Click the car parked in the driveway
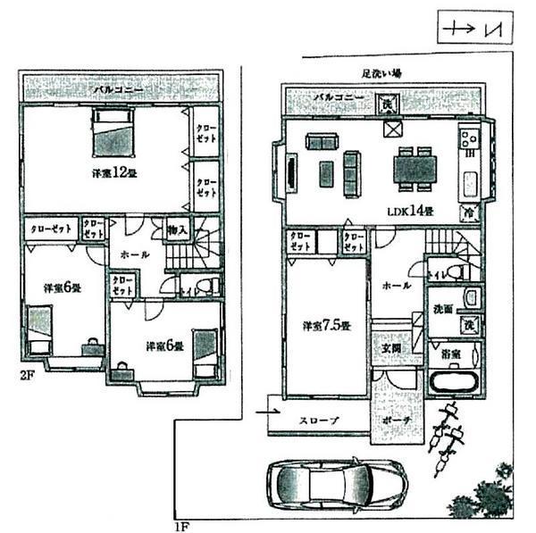pyautogui.click(x=331, y=487)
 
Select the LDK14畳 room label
pyautogui.click(x=409, y=212)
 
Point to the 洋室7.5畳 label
pyautogui.click(x=324, y=325)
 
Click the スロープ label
pyautogui.click(x=319, y=420)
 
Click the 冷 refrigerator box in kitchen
pyautogui.click(x=468, y=212)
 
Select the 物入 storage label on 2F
pyautogui.click(x=177, y=229)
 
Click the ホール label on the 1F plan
pyautogui.click(x=396, y=286)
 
